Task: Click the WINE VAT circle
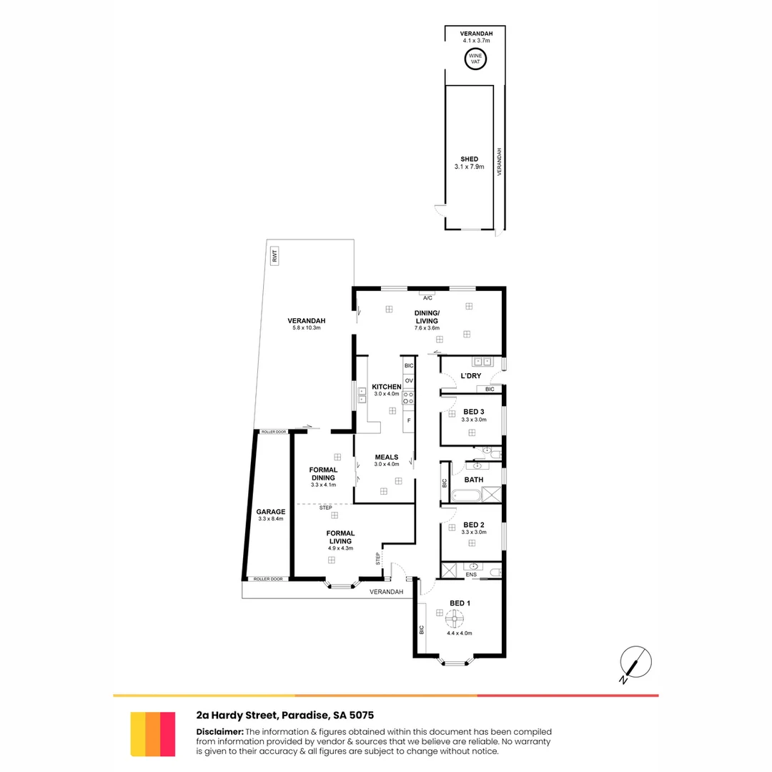475,59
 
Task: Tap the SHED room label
469,159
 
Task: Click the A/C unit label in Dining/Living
428,297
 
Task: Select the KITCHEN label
387,387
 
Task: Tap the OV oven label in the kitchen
409,381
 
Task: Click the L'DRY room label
470,376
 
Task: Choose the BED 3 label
474,412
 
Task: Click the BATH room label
474,480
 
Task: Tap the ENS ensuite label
471,574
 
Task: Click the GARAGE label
271,512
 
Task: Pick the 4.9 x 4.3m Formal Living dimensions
340,548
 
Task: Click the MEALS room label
387,457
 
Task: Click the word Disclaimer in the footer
219,731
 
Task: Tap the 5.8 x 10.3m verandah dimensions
307,328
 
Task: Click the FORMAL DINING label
323,473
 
